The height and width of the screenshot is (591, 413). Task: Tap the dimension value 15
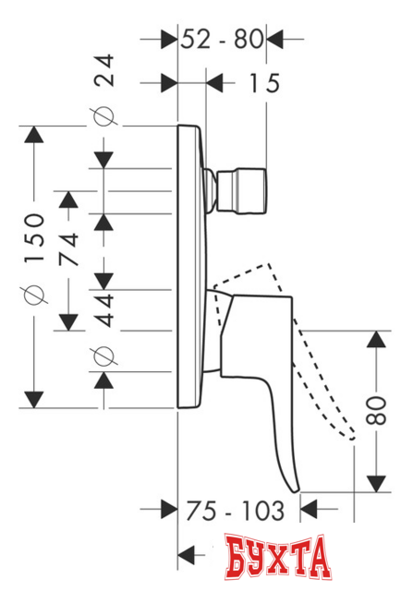click(262, 84)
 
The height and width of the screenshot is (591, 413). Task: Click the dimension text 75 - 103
click(233, 510)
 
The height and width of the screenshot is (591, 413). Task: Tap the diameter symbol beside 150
click(34, 294)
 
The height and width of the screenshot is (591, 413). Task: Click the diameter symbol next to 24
click(104, 117)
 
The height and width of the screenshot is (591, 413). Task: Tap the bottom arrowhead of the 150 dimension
click(34, 398)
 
